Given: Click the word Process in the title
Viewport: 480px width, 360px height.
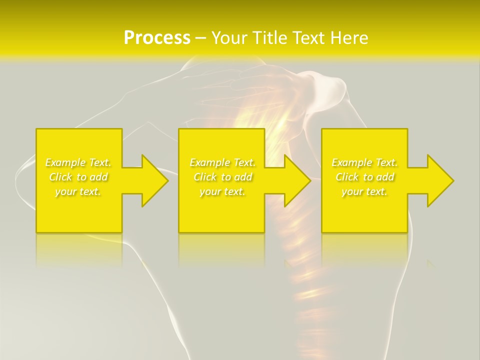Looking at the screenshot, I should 157,38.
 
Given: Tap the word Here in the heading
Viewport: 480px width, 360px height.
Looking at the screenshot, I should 348,38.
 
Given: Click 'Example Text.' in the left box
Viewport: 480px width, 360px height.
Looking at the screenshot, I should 78,162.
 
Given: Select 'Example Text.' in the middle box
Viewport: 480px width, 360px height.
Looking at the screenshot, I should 222,162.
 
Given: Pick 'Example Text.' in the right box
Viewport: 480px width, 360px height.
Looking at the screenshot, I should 364,162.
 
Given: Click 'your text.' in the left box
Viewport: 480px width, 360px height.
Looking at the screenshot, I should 78,191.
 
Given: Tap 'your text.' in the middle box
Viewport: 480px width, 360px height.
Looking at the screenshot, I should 222,191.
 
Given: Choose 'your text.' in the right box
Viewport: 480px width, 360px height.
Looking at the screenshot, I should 364,191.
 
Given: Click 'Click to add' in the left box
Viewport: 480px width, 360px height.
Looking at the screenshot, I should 78,177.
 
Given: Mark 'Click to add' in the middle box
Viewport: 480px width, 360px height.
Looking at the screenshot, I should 222,177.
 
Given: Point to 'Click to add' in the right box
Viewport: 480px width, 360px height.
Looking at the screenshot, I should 364,177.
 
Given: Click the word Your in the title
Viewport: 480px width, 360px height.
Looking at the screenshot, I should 228,38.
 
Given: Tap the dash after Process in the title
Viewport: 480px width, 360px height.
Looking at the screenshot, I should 200,38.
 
